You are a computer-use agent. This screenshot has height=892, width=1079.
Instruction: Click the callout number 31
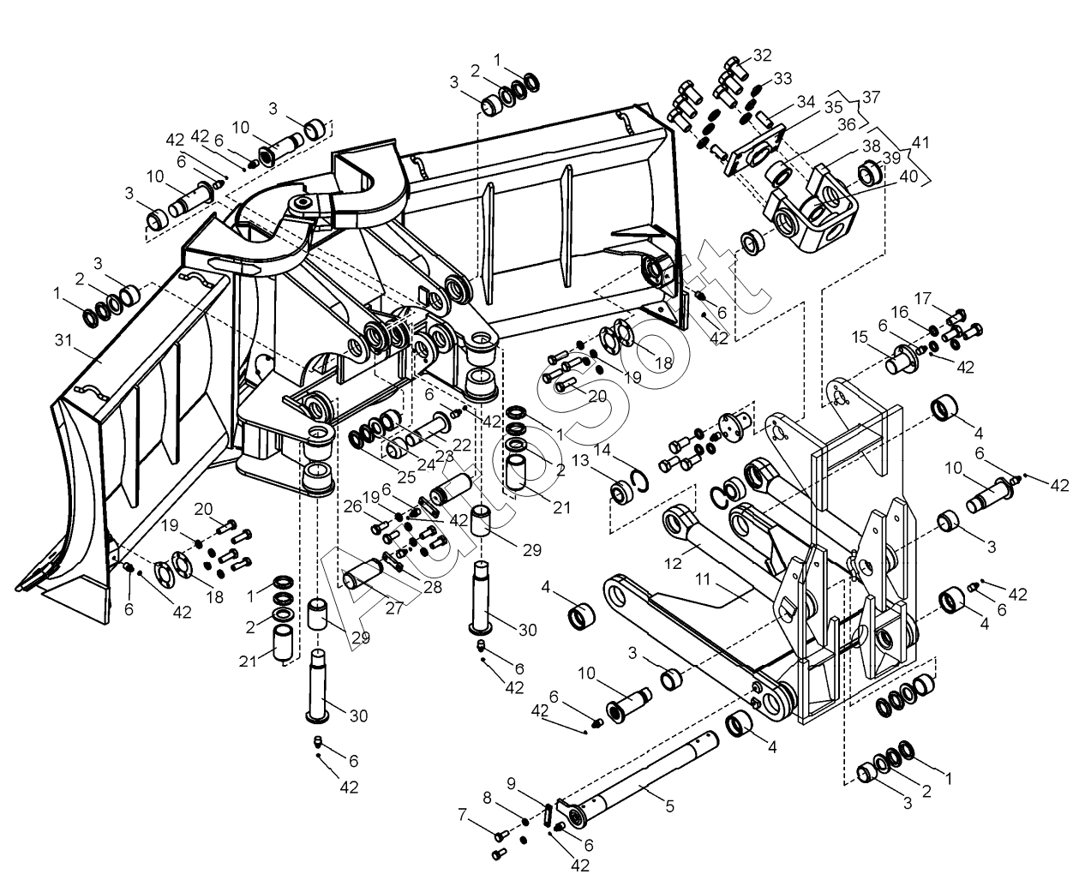click(63, 340)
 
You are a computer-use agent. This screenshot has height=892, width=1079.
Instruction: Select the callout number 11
click(703, 579)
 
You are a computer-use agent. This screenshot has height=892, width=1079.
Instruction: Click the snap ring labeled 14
click(641, 482)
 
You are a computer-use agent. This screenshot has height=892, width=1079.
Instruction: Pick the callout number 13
click(580, 459)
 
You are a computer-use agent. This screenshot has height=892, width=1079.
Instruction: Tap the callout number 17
click(922, 298)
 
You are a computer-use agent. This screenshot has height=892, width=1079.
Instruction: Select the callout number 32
click(762, 55)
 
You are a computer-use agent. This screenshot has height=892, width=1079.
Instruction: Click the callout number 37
click(871, 97)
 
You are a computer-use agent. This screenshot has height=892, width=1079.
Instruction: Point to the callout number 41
click(920, 141)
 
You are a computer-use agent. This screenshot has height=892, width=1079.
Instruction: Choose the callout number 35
click(833, 107)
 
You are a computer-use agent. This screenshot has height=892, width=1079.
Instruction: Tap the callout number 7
click(463, 815)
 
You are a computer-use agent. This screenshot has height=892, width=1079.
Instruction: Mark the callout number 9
click(511, 783)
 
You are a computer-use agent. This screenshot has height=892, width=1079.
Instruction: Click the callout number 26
click(353, 506)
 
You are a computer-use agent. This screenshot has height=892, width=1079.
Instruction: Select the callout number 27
click(393, 608)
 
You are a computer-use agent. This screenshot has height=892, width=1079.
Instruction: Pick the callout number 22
click(461, 445)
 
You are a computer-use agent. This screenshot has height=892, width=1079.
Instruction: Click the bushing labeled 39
click(869, 172)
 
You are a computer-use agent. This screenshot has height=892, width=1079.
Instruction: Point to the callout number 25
click(407, 477)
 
